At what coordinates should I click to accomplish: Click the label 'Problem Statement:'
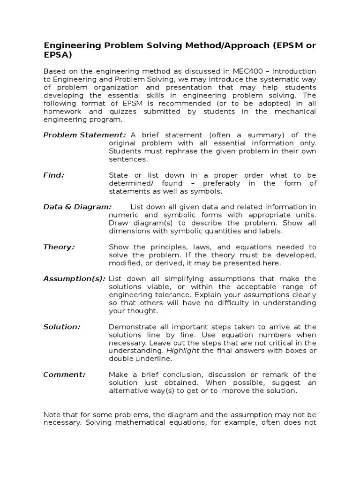point(84,135)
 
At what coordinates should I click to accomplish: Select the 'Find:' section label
point(53,175)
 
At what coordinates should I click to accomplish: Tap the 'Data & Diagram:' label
point(77,207)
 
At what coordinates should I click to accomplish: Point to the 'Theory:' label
point(59,247)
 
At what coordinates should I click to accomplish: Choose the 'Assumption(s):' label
point(74,278)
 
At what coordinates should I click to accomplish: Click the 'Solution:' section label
point(62,327)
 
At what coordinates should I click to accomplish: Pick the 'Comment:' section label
point(64,374)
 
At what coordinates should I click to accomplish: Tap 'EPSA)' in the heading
point(58,55)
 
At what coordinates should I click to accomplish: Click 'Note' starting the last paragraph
point(52,414)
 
